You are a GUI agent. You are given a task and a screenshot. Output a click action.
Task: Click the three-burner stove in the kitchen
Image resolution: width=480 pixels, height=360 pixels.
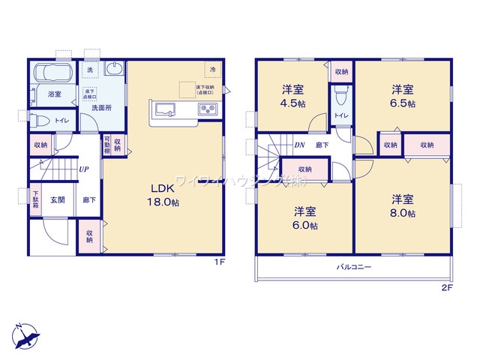coord(206,110)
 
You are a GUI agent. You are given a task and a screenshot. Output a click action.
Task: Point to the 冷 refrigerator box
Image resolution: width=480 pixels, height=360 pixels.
coord(212,69)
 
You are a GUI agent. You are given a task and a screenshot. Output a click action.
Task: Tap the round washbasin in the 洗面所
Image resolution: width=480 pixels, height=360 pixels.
coord(115,70)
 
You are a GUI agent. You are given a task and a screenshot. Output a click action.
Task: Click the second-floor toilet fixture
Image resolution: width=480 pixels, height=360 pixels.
coord(341,94)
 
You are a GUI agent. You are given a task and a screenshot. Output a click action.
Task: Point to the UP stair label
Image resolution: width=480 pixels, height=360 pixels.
coord(85,169)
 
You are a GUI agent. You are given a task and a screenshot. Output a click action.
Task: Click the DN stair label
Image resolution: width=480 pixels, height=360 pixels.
coord(298,145)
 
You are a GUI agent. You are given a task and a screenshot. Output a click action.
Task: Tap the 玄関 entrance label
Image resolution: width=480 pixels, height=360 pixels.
coord(58,199)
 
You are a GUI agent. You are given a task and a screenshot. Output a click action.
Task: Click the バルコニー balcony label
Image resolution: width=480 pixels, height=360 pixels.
coord(352,266)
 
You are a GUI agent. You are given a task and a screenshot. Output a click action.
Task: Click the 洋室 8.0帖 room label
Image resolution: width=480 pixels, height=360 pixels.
coord(403,205)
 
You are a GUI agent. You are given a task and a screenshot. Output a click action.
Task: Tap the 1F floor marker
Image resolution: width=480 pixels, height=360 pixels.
coord(219,261)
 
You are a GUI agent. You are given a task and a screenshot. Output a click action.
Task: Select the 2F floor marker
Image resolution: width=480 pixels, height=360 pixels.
coord(446,287)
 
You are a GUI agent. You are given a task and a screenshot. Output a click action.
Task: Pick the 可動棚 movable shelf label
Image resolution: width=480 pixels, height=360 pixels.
coord(107,144)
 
